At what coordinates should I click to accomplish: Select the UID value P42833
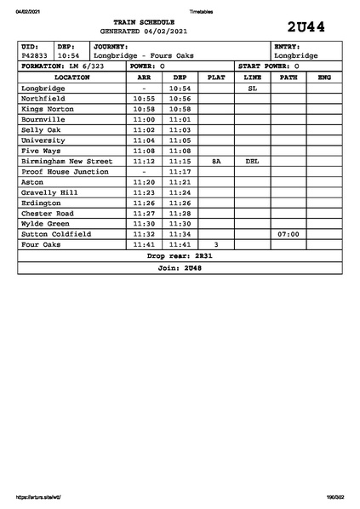(x=35, y=55)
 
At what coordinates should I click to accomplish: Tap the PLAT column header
(x=216, y=77)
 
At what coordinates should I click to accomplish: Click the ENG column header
(x=323, y=77)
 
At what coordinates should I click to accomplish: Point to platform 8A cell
(x=216, y=161)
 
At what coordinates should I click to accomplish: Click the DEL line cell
(x=252, y=161)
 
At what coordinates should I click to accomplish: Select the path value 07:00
(x=289, y=233)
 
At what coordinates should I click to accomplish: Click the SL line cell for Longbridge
(x=252, y=88)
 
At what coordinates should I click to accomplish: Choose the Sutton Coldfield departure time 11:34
(x=180, y=233)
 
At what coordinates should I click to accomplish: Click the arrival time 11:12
(x=144, y=161)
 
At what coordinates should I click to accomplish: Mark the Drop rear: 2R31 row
(x=180, y=254)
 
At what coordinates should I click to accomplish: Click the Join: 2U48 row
(x=180, y=267)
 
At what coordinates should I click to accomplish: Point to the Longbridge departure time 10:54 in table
(x=180, y=88)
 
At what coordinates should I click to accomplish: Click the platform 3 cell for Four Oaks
(x=216, y=244)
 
